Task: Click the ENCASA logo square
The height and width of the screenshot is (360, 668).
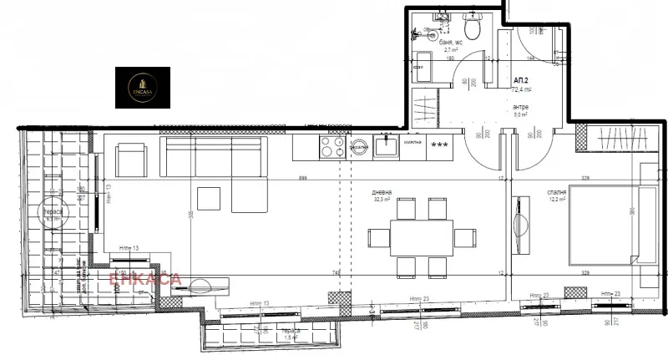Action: pos(142,86)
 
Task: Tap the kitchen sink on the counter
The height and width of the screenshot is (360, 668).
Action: pos(386,148)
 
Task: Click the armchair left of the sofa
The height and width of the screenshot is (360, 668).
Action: pos(130,159)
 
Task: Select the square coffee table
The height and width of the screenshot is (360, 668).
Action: pos(209,199)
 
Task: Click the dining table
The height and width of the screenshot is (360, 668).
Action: pos(421,236)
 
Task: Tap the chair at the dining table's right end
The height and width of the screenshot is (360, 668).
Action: pos(463,237)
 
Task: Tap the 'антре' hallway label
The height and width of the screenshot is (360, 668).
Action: pos(521,109)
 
